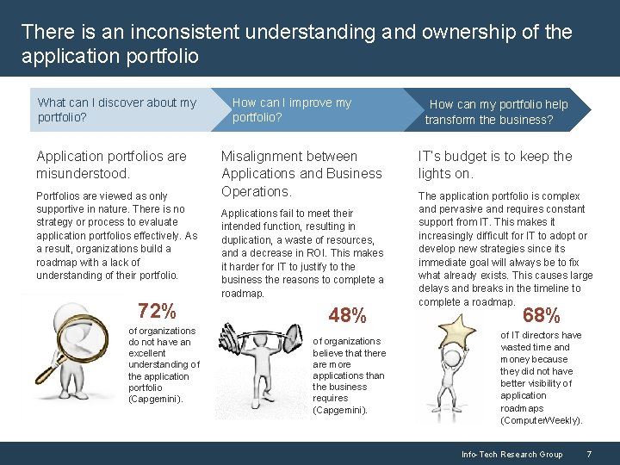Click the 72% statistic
157,311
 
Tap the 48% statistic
347,316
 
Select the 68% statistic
542,316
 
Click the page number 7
588,454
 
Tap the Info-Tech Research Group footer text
512,454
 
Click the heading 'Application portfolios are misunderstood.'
111,164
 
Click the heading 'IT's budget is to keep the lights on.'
494,164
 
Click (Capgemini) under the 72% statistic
155,400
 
